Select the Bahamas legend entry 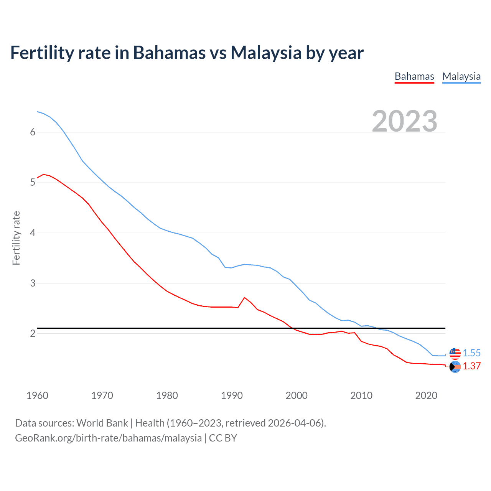click(x=414, y=76)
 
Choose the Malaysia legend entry click(x=461, y=76)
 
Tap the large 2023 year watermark click(x=405, y=121)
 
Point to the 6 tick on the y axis click(x=33, y=132)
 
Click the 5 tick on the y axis click(x=33, y=183)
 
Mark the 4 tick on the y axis click(x=33, y=233)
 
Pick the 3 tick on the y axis click(x=33, y=283)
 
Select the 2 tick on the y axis click(x=33, y=333)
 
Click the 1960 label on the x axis click(x=37, y=395)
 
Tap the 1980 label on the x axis click(x=167, y=395)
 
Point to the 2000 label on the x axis click(x=297, y=395)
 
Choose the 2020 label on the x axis click(x=426, y=395)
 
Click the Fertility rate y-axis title click(x=16, y=238)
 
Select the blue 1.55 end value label click(x=471, y=353)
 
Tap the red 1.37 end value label click(x=471, y=366)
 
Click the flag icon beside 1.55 click(x=455, y=353)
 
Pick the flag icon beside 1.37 click(x=455, y=367)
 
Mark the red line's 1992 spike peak click(x=245, y=298)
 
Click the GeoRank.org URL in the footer click(x=108, y=438)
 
